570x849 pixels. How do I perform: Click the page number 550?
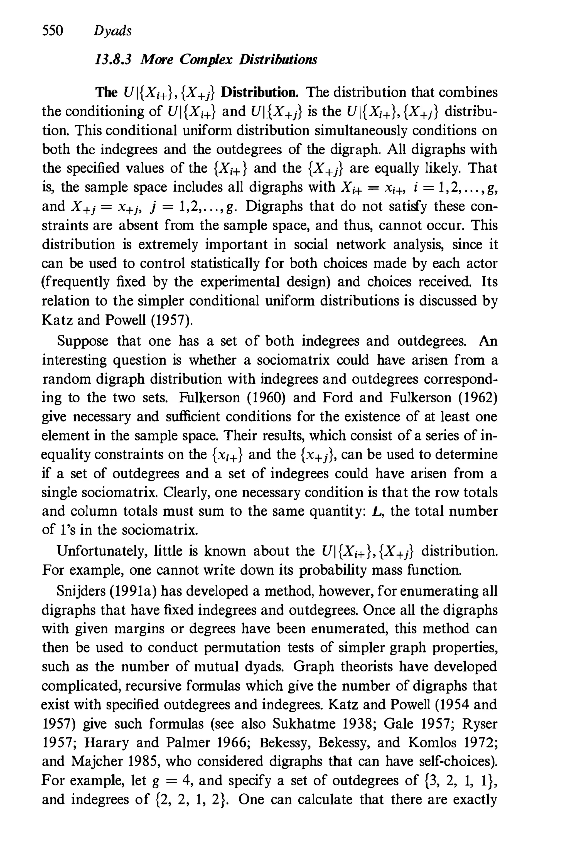point(53,31)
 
